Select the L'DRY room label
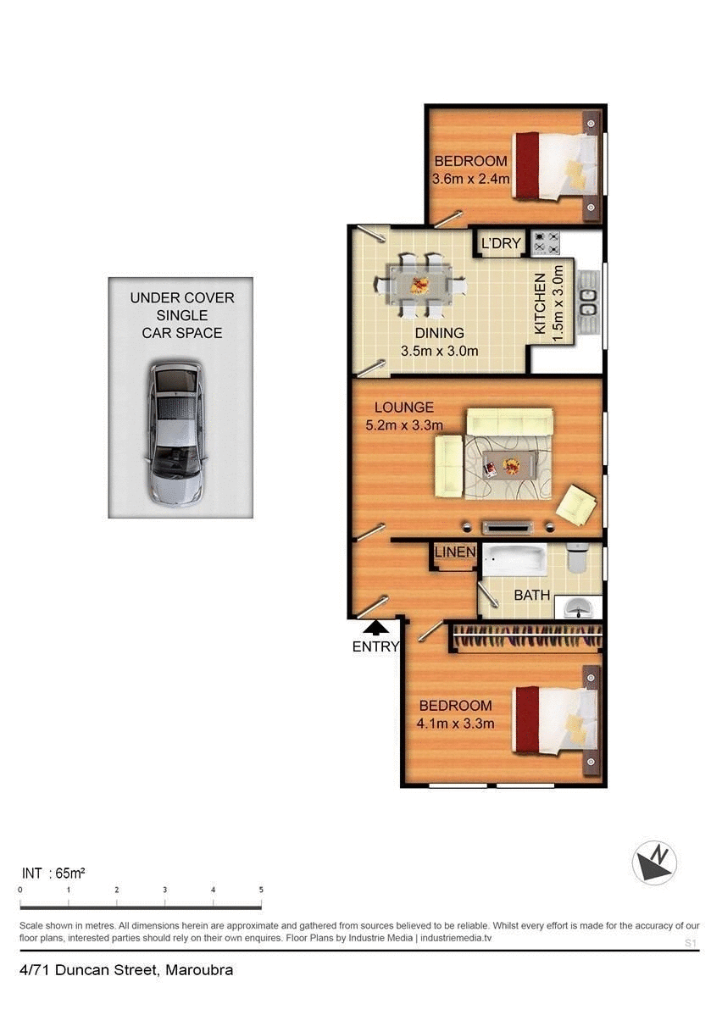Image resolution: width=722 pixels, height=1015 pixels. pyautogui.click(x=501, y=244)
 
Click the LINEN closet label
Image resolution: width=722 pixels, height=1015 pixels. pyautogui.click(x=455, y=552)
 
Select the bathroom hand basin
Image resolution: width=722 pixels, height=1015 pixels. pyautogui.click(x=580, y=607)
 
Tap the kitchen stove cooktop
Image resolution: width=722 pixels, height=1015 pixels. pyautogui.click(x=546, y=243)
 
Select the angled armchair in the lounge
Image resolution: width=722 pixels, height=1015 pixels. pyautogui.click(x=577, y=505)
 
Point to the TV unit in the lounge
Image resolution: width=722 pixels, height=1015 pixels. pyautogui.click(x=508, y=527)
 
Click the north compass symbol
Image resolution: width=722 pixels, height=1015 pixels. pyautogui.click(x=654, y=862)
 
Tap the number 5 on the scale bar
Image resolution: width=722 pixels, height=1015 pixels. pyautogui.click(x=261, y=890)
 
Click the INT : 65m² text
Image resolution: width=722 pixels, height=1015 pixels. pyautogui.click(x=53, y=872)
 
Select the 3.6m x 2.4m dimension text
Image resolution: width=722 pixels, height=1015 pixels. pyautogui.click(x=470, y=179)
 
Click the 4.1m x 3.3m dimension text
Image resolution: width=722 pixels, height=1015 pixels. pyautogui.click(x=456, y=723)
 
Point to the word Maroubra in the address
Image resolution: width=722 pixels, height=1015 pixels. pyautogui.click(x=199, y=970)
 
